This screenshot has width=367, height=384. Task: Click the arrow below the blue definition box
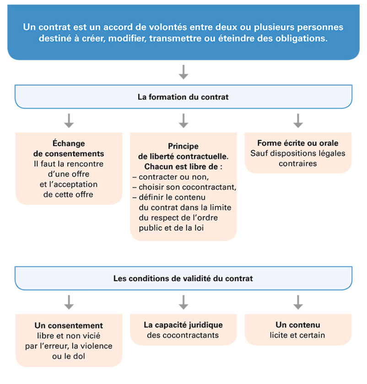click(x=183, y=72)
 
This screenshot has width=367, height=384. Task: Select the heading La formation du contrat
click(x=183, y=97)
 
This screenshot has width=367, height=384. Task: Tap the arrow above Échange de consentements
click(x=69, y=121)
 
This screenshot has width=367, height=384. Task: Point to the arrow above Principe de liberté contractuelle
click(x=183, y=121)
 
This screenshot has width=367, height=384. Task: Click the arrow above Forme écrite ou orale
click(x=298, y=121)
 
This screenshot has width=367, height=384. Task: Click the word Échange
click(x=69, y=143)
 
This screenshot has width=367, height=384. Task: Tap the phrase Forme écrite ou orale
click(x=297, y=143)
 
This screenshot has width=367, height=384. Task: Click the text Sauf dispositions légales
click(x=297, y=153)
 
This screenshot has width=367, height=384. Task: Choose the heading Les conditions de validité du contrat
click(x=183, y=278)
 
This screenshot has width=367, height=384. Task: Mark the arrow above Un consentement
click(x=69, y=302)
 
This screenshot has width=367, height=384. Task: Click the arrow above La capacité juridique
click(x=183, y=302)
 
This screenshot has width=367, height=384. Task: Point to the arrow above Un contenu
click(x=298, y=302)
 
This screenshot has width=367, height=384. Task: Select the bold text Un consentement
click(x=69, y=325)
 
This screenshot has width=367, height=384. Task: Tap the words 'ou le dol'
click(x=69, y=356)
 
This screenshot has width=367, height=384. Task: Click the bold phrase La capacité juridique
click(x=183, y=325)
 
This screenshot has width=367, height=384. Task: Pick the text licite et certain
click(x=297, y=335)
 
